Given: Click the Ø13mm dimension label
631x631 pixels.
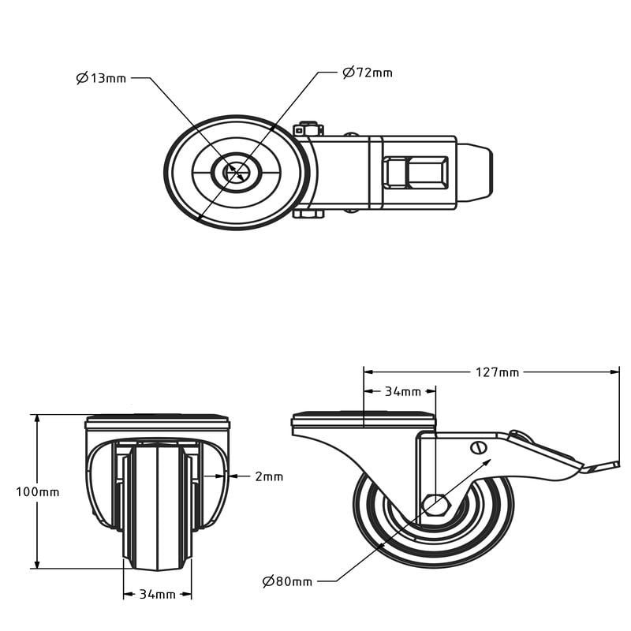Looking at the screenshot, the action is (101, 77).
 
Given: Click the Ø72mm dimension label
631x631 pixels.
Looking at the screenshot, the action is (368, 73).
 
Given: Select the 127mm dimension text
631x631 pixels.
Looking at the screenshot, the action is (498, 372).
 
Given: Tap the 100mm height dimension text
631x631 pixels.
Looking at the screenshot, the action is (38, 491).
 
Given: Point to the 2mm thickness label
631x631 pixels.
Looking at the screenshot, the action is (269, 476).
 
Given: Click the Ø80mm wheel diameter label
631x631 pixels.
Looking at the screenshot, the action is (287, 581).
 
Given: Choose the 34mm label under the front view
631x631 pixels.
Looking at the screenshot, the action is (157, 595).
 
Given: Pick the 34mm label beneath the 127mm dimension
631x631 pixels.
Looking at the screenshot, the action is (403, 391).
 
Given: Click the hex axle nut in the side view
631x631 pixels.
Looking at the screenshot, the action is (435, 505).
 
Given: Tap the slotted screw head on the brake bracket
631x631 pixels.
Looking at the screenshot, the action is (478, 447).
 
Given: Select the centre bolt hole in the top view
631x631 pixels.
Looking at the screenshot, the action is (237, 173).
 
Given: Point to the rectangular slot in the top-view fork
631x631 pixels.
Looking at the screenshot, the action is (416, 173).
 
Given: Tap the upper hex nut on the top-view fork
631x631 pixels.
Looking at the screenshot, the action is (308, 129).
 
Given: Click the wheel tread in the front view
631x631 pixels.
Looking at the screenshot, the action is (157, 507).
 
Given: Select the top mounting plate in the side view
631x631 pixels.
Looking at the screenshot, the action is (364, 420).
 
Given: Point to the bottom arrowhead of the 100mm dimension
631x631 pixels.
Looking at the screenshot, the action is (37, 563).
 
